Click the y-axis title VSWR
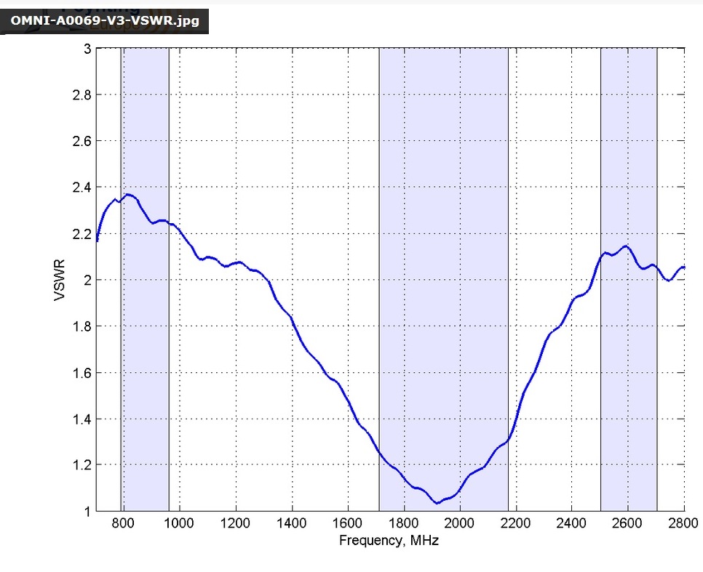point(60,280)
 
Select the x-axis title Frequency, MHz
point(389,541)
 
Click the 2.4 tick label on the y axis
point(82,188)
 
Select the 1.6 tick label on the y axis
point(82,373)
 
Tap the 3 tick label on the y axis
point(87,49)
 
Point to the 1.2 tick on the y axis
point(82,465)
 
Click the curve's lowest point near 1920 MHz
point(437,503)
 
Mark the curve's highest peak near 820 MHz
point(129,194)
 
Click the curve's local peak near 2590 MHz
point(625,246)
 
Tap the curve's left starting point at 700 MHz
point(97,240)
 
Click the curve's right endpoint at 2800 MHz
point(684,267)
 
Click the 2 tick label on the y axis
point(87,280)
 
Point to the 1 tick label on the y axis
point(87,512)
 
